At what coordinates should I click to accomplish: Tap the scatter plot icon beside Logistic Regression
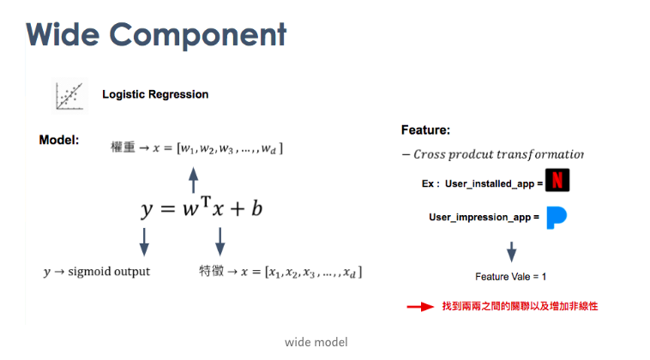tap(69, 94)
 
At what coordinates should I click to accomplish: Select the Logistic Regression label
tap(155, 94)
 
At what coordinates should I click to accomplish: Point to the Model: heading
tap(59, 139)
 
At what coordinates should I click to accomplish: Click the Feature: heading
tap(425, 130)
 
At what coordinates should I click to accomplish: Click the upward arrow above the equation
tap(193, 180)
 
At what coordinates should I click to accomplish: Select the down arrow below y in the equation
tap(144, 241)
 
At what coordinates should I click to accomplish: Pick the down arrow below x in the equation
tap(220, 241)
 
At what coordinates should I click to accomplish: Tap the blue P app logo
tap(557, 217)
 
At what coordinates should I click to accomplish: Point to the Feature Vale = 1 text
tap(511, 277)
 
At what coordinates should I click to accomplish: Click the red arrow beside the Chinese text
tap(420, 306)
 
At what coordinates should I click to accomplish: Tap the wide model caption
tap(316, 342)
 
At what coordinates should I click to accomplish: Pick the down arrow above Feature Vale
tap(512, 251)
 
